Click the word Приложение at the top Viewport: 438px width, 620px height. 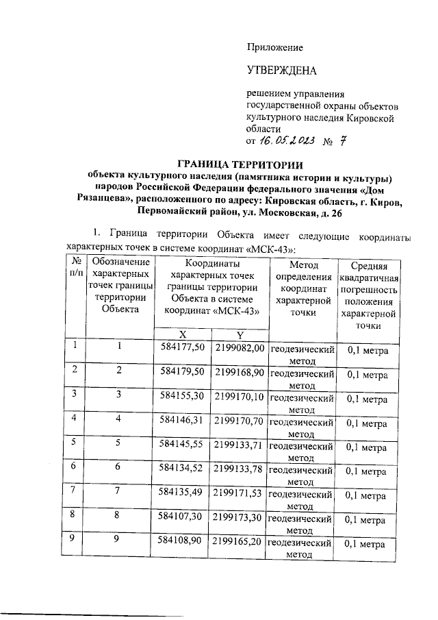pos(274,47)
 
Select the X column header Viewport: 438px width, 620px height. pos(183,334)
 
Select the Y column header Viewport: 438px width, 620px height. pos(240,334)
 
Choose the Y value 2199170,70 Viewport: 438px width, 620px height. pos(240,423)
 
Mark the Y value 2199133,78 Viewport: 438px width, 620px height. pos(240,471)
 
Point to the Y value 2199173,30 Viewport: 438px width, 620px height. pos(240,519)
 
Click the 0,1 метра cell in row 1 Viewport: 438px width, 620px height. pos(368,351)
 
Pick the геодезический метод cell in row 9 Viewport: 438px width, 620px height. pos(301,550)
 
